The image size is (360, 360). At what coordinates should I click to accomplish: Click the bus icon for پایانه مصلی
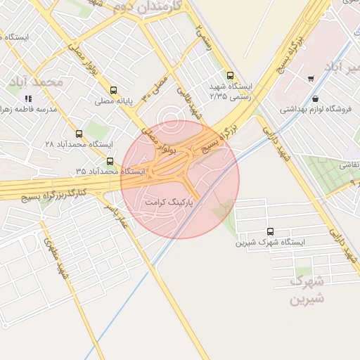coord(114,90)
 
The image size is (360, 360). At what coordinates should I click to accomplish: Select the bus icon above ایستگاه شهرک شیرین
coord(271,231)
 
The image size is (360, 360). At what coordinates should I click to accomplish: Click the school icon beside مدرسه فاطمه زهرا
coord(28,99)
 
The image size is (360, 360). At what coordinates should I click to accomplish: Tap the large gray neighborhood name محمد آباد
coord(36,82)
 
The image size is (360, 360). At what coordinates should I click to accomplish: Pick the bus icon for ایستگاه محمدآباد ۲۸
coord(78,133)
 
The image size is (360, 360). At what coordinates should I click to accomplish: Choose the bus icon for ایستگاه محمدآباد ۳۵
coord(109,161)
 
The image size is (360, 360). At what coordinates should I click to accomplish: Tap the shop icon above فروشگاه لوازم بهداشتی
coord(314,98)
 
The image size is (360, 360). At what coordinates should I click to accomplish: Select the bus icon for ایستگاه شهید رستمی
coord(230,75)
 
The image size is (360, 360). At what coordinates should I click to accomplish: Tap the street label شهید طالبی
coord(189,101)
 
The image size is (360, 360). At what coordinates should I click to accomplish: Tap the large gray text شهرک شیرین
coord(307,290)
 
